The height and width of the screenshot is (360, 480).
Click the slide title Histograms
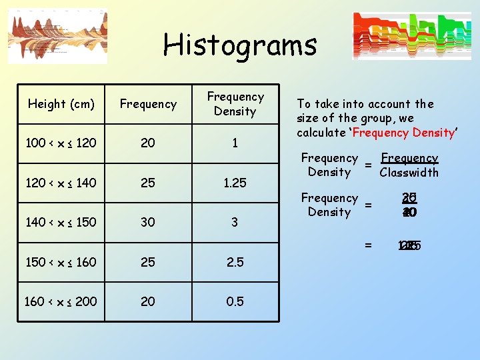(x=240, y=45)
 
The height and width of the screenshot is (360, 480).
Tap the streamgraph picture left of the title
(x=57, y=37)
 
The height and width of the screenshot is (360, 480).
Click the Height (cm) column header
(x=61, y=104)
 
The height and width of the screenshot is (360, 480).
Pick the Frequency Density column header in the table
(x=235, y=105)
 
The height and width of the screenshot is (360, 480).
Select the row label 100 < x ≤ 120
(x=61, y=143)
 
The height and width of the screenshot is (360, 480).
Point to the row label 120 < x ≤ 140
(x=61, y=183)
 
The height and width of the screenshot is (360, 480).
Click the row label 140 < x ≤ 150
(x=61, y=223)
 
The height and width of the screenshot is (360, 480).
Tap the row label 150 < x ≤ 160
(x=61, y=262)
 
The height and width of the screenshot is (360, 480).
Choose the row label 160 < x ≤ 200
(x=61, y=301)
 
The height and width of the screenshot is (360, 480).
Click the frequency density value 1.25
(x=235, y=183)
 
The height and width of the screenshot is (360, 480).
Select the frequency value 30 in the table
(x=147, y=223)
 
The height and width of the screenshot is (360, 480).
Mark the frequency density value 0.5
(x=235, y=301)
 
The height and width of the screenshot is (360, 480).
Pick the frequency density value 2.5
(x=235, y=262)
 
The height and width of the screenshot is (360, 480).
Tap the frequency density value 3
(x=235, y=223)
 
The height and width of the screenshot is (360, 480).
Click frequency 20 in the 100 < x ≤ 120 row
(x=147, y=143)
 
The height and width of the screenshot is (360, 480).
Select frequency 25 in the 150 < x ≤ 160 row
(x=147, y=262)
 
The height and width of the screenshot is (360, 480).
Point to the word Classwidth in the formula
(x=409, y=173)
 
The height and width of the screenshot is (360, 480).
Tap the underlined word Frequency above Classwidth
(x=409, y=158)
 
